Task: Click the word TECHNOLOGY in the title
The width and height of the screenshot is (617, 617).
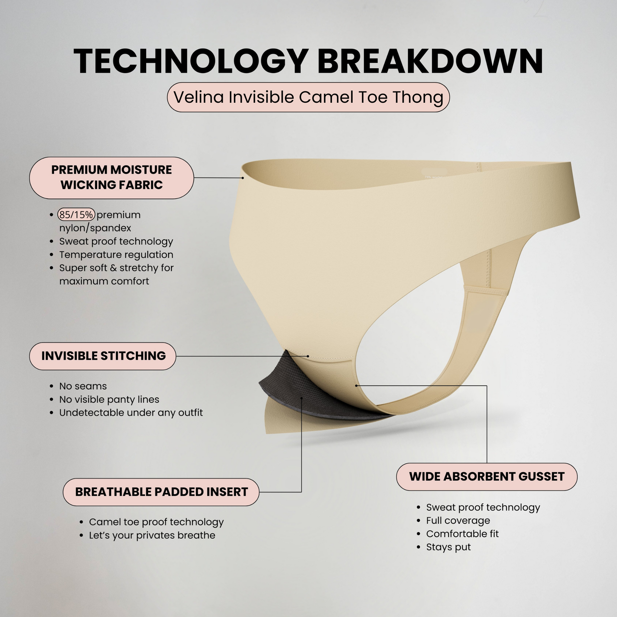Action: [191, 61]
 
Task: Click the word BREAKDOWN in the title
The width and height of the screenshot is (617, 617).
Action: [430, 61]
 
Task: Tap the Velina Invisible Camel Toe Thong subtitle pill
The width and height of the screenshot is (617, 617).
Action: [308, 97]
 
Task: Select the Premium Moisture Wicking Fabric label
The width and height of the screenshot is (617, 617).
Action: [112, 178]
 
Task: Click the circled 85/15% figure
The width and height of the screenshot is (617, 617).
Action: [76, 215]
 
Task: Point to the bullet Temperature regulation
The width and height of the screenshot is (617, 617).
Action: [116, 255]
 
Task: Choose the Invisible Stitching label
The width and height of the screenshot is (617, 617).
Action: [102, 356]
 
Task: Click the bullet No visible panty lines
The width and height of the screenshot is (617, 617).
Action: [109, 399]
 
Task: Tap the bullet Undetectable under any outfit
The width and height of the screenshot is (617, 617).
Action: [131, 412]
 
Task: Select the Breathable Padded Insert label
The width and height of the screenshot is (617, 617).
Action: [161, 492]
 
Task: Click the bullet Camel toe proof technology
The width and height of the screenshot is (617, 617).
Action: [156, 522]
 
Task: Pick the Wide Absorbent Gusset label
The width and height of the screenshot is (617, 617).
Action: [487, 477]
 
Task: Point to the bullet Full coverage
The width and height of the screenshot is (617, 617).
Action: [458, 521]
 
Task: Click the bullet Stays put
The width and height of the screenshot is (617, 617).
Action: [448, 547]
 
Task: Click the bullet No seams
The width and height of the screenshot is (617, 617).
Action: [83, 386]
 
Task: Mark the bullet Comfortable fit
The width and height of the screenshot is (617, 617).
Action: [462, 534]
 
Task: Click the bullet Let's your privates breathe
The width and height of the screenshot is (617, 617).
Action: [152, 535]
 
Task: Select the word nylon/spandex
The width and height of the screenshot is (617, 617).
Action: [95, 228]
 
